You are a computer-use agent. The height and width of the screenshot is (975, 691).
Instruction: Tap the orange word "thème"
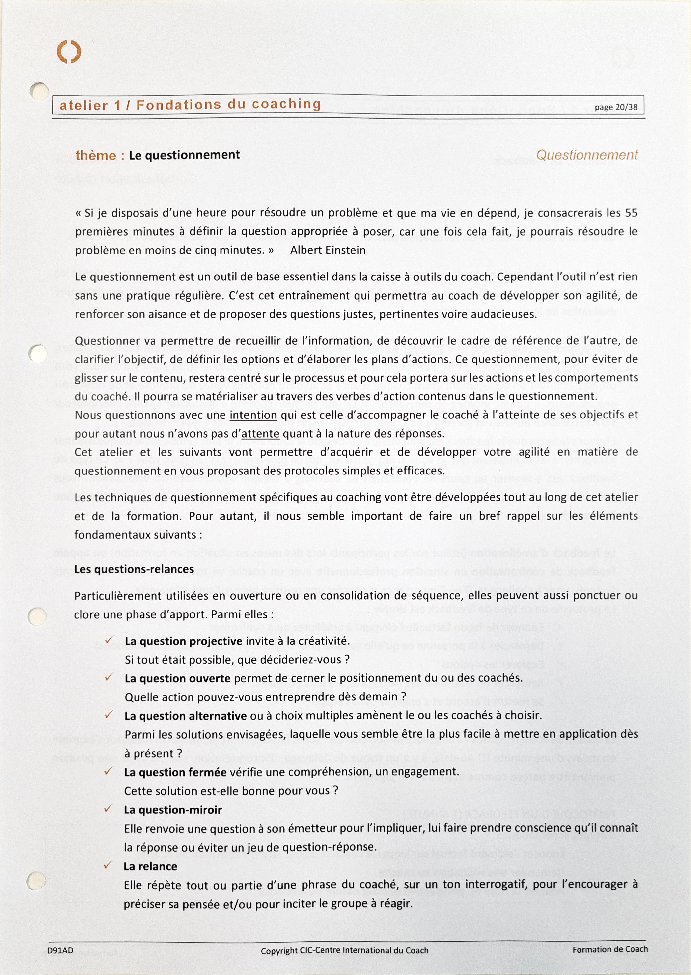pos(95,156)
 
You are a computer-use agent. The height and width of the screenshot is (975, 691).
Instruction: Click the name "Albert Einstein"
pos(328,250)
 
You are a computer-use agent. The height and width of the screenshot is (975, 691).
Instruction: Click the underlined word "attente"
pos(260,434)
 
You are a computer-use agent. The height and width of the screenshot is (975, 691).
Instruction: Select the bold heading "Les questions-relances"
pos(134,569)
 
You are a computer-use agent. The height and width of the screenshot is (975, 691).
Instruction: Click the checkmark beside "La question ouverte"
pos(109,677)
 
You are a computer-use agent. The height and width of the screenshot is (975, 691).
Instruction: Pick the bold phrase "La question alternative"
pos(186,716)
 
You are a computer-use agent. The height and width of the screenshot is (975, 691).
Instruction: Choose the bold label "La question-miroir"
pos(173,810)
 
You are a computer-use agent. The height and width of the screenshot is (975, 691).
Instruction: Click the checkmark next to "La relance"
pos(108,865)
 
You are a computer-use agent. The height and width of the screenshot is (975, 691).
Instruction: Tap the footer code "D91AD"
pos(60,950)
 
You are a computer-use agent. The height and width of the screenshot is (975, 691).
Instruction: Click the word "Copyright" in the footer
pos(279,950)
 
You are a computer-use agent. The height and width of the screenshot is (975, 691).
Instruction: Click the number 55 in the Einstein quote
pos(632,213)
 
